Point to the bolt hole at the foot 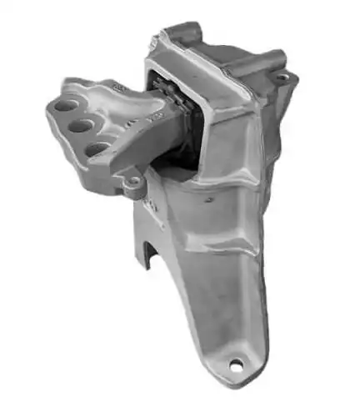tap(237, 364)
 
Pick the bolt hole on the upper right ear tap(283, 77)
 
